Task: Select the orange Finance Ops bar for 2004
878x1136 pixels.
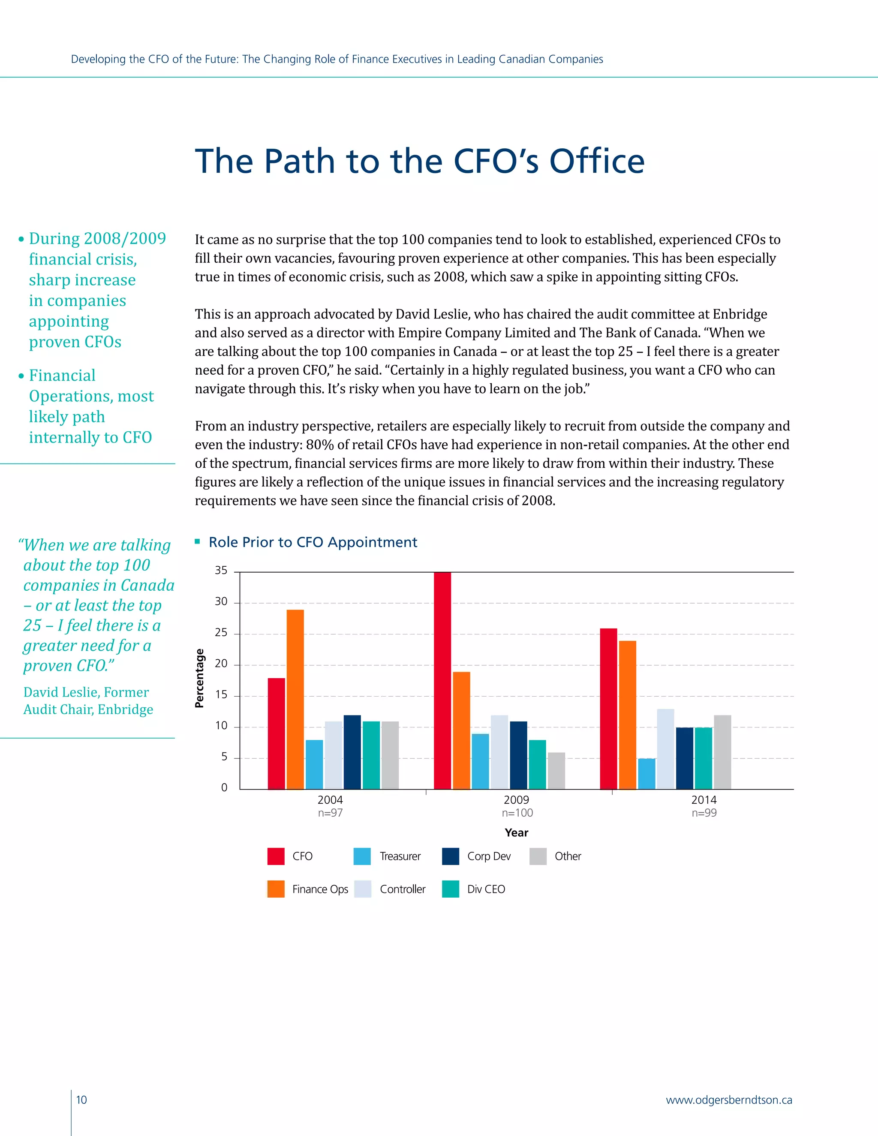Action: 295,699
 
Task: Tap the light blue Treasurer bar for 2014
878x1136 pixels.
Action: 646,773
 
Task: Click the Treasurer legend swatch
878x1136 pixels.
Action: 362,856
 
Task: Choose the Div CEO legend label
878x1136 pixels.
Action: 486,889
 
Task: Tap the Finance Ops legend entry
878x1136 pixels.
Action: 319,889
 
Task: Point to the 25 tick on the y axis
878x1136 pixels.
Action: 221,632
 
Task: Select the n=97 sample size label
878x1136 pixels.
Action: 330,813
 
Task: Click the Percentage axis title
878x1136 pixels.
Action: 199,678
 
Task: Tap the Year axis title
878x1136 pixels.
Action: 516,833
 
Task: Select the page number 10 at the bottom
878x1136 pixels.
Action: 81,1100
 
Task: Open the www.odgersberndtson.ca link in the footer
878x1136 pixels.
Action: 729,1100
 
